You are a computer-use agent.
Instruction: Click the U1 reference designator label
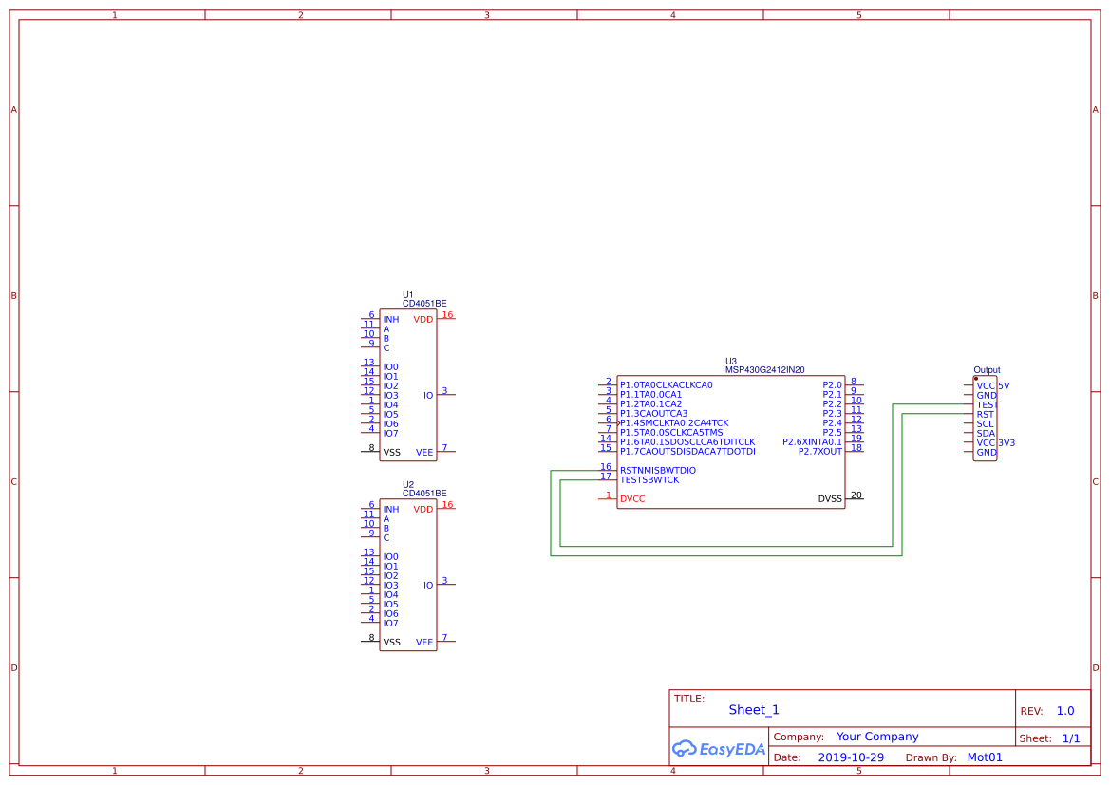point(407,294)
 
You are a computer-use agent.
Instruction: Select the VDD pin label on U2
point(423,510)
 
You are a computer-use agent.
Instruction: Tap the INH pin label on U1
point(391,320)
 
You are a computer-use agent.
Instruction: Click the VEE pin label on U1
point(424,453)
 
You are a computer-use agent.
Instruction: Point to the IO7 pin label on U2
point(390,624)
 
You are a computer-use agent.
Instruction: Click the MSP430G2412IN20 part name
point(764,370)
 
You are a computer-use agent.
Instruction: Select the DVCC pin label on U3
point(632,499)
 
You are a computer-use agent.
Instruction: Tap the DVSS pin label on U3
point(830,499)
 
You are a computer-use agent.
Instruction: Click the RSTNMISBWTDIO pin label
point(657,471)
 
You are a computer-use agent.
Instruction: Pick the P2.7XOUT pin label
point(819,452)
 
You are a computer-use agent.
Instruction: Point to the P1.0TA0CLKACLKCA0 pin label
point(666,385)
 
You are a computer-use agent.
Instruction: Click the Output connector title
point(987,370)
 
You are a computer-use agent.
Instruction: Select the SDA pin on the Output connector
point(986,434)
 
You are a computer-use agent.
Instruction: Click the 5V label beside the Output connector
point(1004,386)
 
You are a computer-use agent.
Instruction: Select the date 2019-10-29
point(851,757)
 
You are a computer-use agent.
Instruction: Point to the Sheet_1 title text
point(754,710)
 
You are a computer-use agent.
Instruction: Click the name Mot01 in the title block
point(985,757)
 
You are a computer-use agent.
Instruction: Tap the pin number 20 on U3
point(856,495)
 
